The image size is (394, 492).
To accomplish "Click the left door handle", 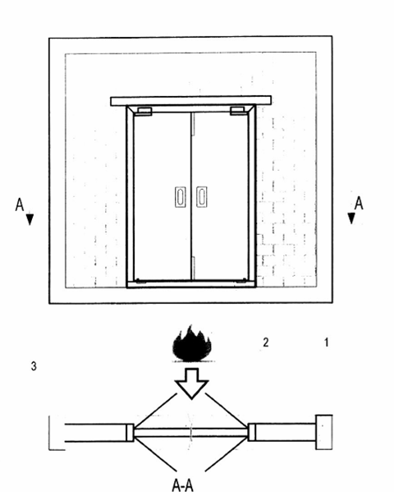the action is coord(180,197).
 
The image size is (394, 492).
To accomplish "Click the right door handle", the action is coord(202,197).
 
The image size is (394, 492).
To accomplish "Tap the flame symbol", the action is coord(192,344).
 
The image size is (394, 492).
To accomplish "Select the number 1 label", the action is coord(326,343).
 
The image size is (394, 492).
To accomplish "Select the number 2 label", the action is coord(266,343).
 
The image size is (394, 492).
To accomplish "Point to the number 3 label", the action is coord(34,366).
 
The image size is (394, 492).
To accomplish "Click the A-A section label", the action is coord(182,485).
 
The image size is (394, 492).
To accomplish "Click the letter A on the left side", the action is coord(20,205).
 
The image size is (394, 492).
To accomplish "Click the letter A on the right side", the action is coord(359,203).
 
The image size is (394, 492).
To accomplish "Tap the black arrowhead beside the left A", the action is coord(30,219).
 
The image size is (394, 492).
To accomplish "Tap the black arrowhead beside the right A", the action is coord(351,218).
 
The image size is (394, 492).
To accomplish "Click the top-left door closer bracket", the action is coord(144,112).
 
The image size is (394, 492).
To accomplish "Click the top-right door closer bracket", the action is coord(237,111).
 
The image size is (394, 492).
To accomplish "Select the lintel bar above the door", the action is coord(191,101).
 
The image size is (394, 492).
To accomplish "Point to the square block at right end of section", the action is coord(324,432).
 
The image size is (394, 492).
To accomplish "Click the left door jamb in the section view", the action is coord(131,432).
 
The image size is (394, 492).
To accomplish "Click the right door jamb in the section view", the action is coord(252,432).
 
